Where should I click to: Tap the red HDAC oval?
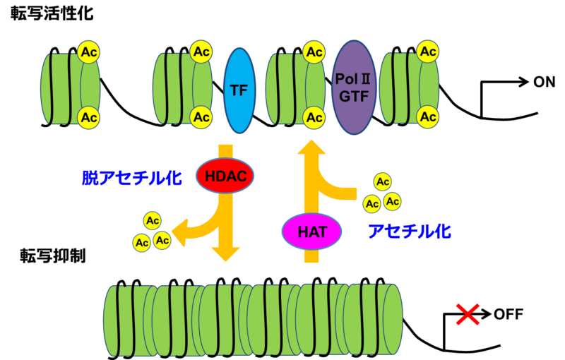pyautogui.click(x=225, y=175)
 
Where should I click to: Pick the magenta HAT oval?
pyautogui.click(x=311, y=231)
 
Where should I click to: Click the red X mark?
pyautogui.click(x=468, y=314)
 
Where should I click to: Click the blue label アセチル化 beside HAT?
pyautogui.click(x=410, y=231)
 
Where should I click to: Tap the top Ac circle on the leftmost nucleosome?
pyautogui.click(x=89, y=52)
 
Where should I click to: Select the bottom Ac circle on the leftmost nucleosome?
pyautogui.click(x=89, y=117)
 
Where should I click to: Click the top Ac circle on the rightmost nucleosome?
pyautogui.click(x=427, y=52)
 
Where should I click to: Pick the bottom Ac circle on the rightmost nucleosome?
pyautogui.click(x=427, y=117)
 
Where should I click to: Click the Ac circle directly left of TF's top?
pyautogui.click(x=201, y=52)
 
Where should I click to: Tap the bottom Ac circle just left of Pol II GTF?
pyautogui.click(x=314, y=117)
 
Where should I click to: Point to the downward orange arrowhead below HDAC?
pyautogui.click(x=226, y=254)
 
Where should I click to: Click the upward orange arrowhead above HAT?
pyautogui.click(x=311, y=148)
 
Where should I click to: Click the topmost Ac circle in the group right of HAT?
pyautogui.click(x=383, y=182)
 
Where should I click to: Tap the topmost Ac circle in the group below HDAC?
pyautogui.click(x=153, y=220)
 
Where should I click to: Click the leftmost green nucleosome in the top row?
pyautogui.click(x=67, y=88)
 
